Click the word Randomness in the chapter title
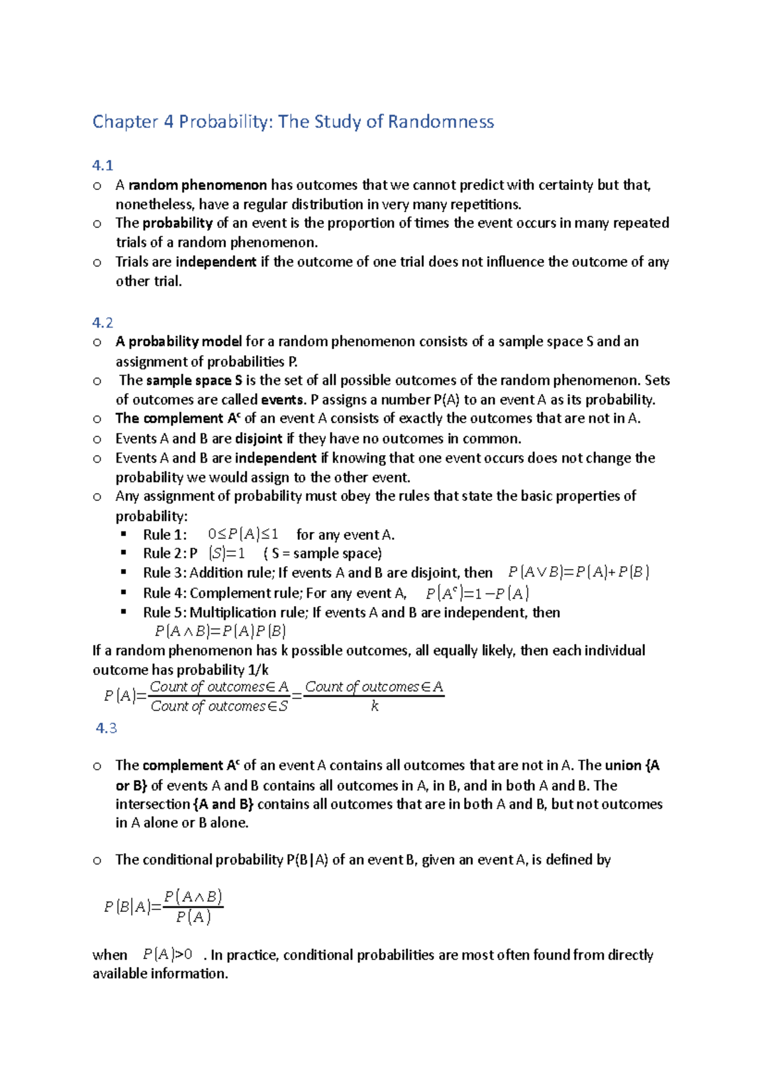tap(441, 122)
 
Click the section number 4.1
tap(103, 166)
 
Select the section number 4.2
tap(103, 322)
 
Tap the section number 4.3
tap(106, 728)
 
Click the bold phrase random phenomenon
tap(197, 185)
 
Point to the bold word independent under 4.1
tap(216, 262)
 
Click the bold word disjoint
tap(258, 438)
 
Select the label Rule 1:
tap(165, 535)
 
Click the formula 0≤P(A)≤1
tap(243, 535)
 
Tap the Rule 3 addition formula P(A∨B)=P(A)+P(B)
tap(578, 572)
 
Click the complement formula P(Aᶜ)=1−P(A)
tap(477, 593)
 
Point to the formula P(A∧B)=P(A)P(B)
tap(220, 631)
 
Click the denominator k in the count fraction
tap(374, 706)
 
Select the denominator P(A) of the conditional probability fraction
tap(193, 917)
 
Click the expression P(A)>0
tap(167, 955)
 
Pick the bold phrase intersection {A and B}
tap(185, 804)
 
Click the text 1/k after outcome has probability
tap(258, 670)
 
